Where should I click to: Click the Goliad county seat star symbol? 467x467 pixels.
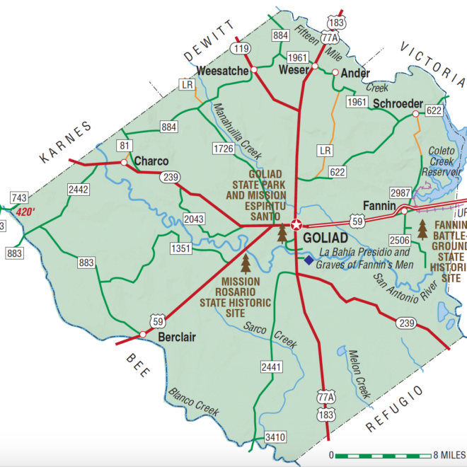click(296, 226)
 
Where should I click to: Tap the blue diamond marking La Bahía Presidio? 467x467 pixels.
click(309, 260)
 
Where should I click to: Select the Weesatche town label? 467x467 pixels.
click(222, 71)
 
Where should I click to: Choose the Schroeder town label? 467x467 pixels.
click(398, 103)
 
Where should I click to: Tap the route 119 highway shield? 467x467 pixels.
click(241, 49)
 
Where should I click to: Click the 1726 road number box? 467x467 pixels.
click(223, 148)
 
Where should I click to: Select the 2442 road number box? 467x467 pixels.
click(79, 189)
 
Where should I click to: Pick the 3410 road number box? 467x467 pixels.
click(275, 436)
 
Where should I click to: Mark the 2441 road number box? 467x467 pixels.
click(271, 367)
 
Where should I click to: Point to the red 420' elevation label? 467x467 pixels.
click(25, 212)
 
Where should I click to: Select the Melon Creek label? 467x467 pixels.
click(359, 371)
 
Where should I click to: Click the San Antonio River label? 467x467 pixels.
click(399, 287)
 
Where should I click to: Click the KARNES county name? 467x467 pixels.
click(67, 141)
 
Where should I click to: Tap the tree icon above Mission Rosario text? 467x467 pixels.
click(246, 264)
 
